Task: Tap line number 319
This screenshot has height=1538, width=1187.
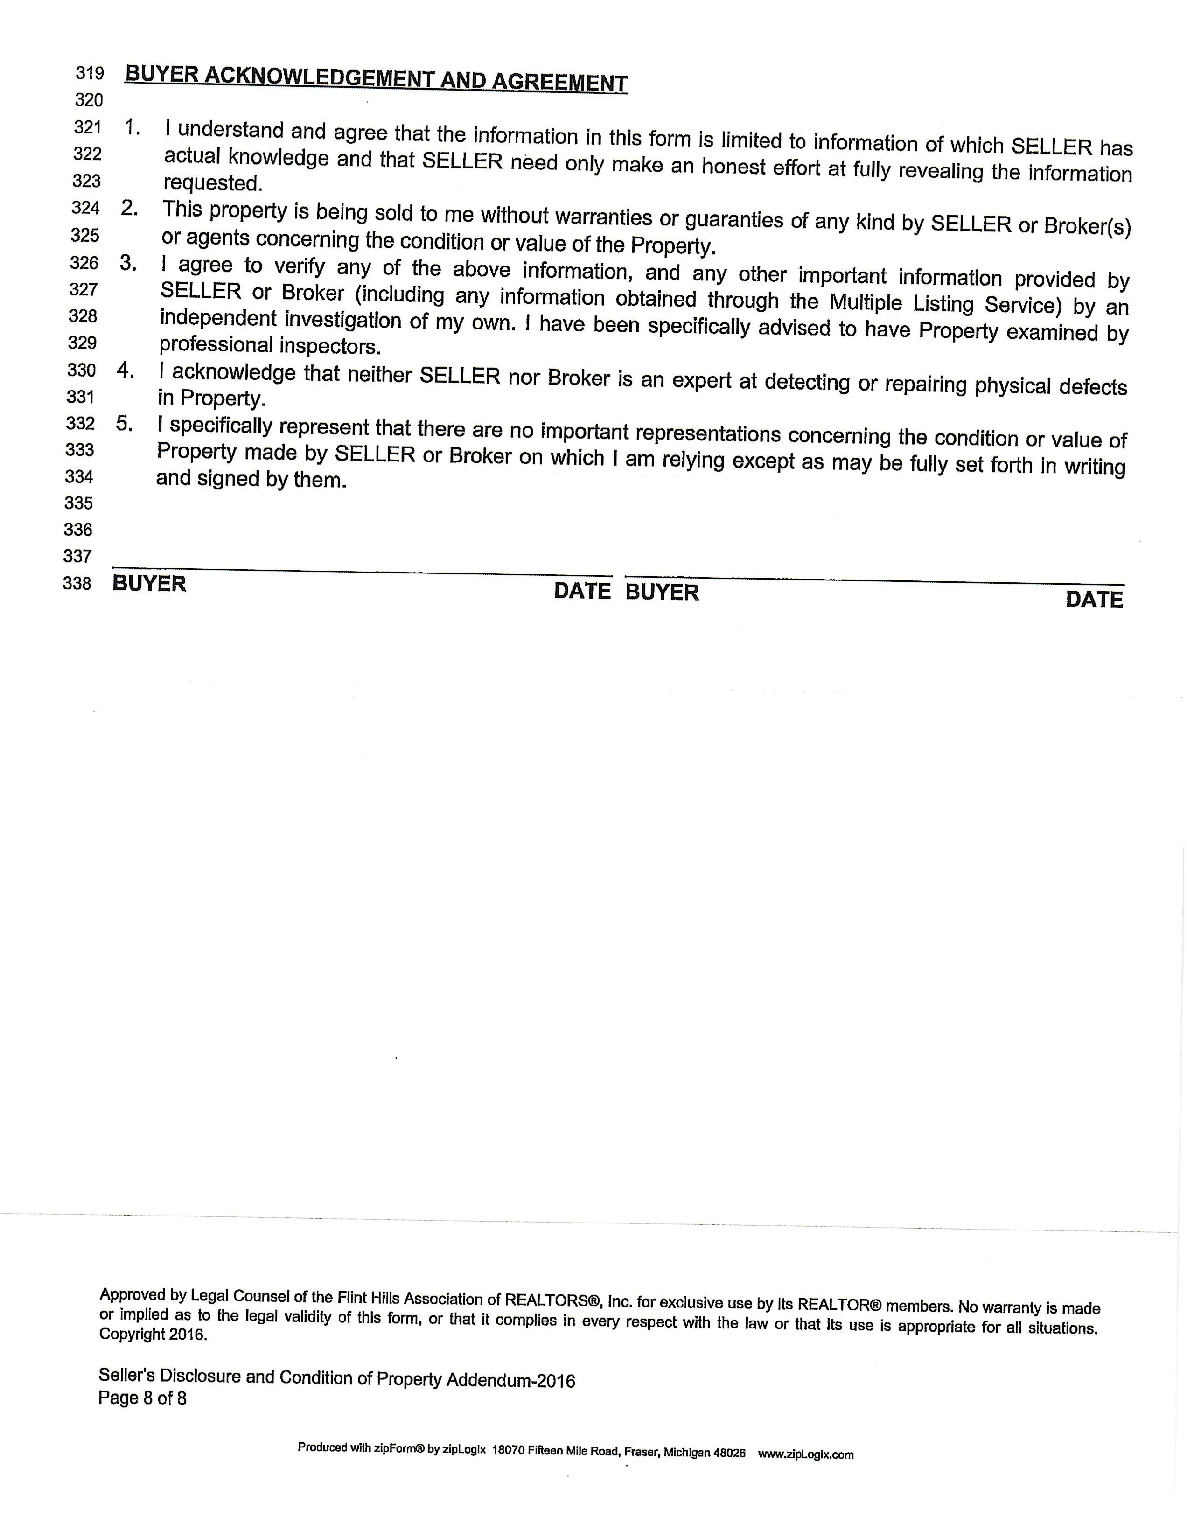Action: pos(90,73)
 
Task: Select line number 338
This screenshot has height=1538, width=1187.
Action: pos(77,584)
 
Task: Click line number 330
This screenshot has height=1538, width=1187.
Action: pos(81,371)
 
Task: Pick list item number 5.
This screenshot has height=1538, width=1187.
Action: pos(124,424)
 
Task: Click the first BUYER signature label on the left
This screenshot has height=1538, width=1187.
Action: pos(149,584)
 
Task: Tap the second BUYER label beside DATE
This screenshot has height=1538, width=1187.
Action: pos(662,592)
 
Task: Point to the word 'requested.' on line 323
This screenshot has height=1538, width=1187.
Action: pos(213,183)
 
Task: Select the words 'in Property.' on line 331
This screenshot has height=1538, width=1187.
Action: pos(211,398)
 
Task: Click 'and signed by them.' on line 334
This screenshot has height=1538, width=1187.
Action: pos(251,480)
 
